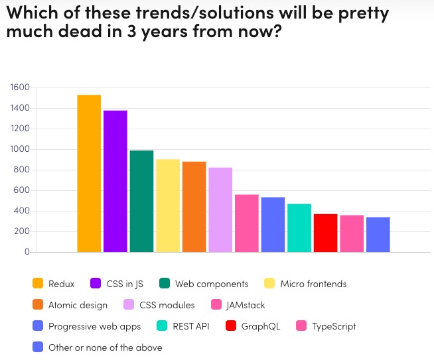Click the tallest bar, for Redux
(x=89, y=174)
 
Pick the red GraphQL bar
(x=325, y=233)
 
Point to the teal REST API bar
(x=299, y=228)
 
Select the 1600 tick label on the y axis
(x=20, y=88)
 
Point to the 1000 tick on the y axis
(x=20, y=149)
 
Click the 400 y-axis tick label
(x=22, y=211)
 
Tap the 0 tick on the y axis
(x=27, y=252)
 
